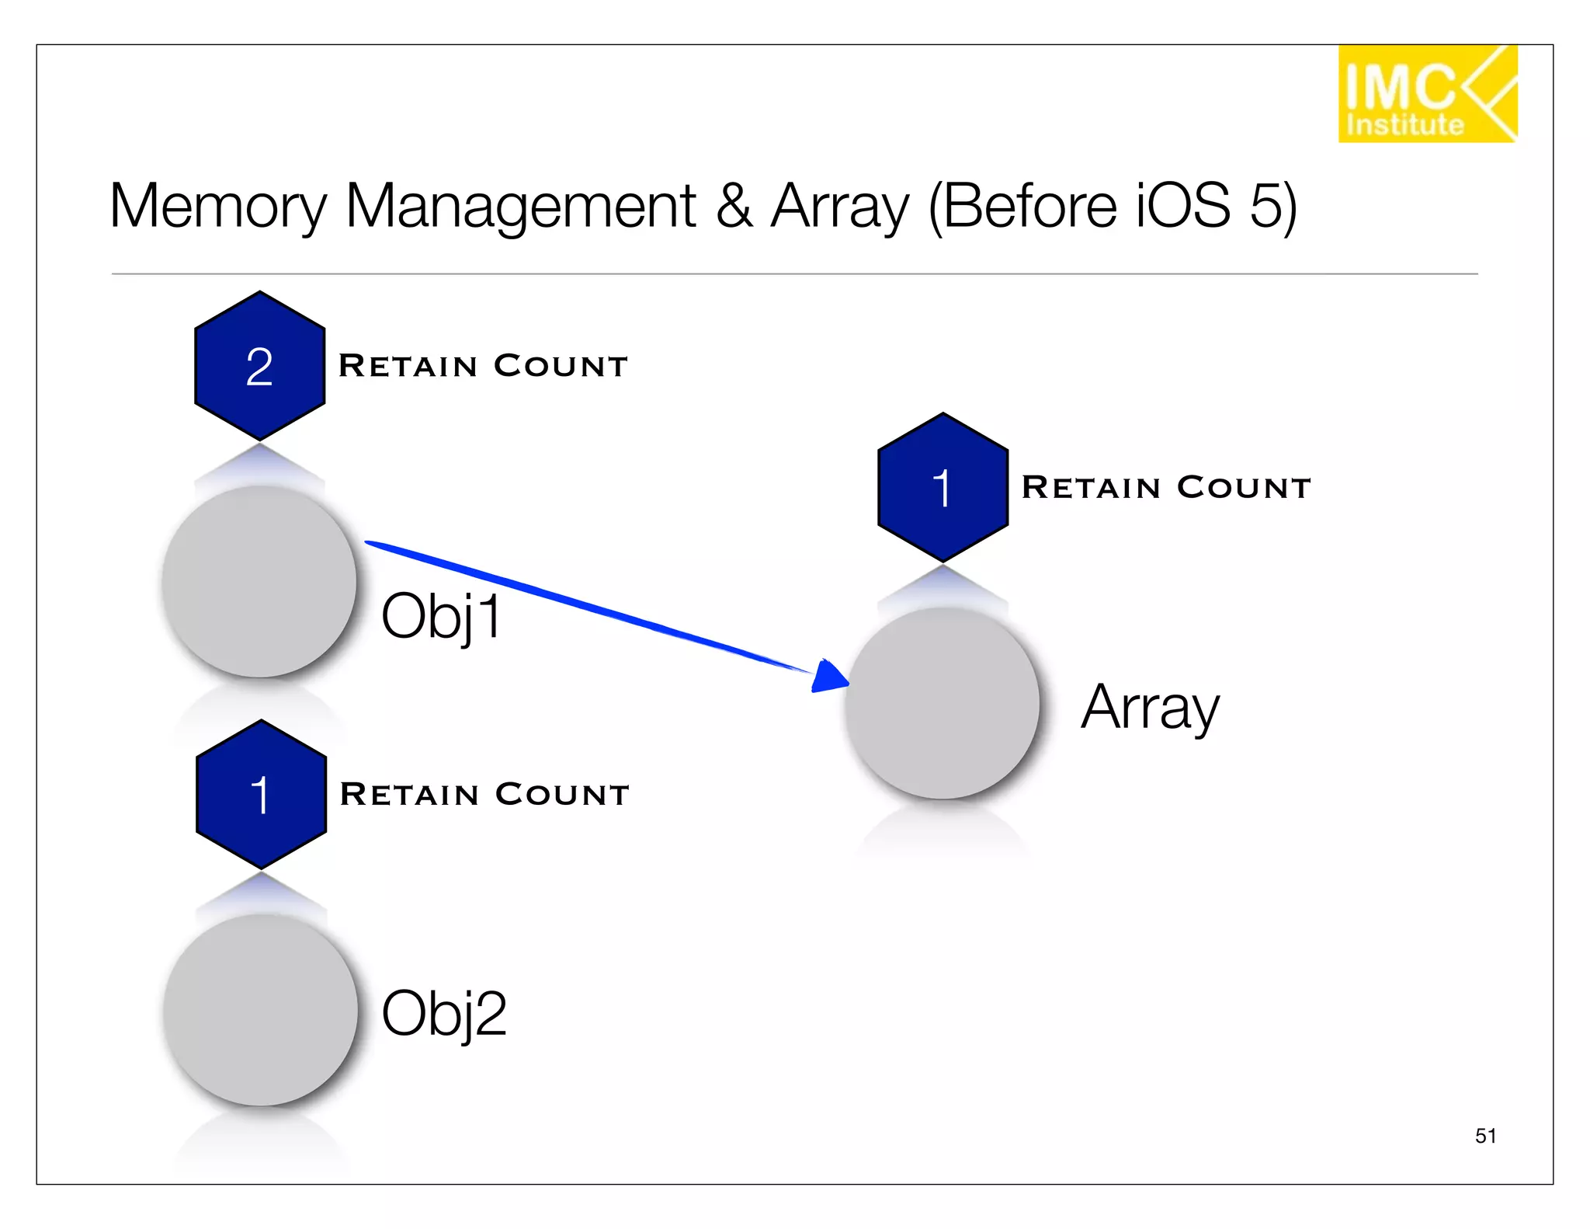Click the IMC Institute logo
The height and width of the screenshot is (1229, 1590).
[x=1427, y=93]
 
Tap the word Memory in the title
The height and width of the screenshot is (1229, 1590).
[x=218, y=207]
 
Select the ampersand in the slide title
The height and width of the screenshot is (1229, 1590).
[x=734, y=207]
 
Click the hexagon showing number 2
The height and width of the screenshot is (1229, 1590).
[x=259, y=366]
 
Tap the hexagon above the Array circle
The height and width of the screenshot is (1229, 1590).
[x=943, y=487]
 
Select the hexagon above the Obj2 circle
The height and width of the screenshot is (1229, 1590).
[x=261, y=794]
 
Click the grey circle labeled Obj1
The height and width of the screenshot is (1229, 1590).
[x=259, y=581]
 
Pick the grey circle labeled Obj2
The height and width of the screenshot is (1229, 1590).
[x=261, y=1009]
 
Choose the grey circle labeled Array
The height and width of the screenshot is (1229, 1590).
[x=943, y=703]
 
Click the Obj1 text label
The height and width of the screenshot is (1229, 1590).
[x=441, y=617]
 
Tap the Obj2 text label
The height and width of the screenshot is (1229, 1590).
[x=443, y=1013]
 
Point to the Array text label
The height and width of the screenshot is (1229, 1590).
[x=1150, y=707]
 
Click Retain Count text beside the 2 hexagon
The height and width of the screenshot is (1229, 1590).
[x=483, y=366]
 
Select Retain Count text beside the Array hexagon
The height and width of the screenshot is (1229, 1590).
[x=1166, y=488]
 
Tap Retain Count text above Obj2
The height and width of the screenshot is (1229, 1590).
[x=484, y=794]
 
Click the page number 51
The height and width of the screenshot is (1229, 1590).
[x=1485, y=1136]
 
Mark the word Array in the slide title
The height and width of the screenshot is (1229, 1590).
[x=839, y=207]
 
